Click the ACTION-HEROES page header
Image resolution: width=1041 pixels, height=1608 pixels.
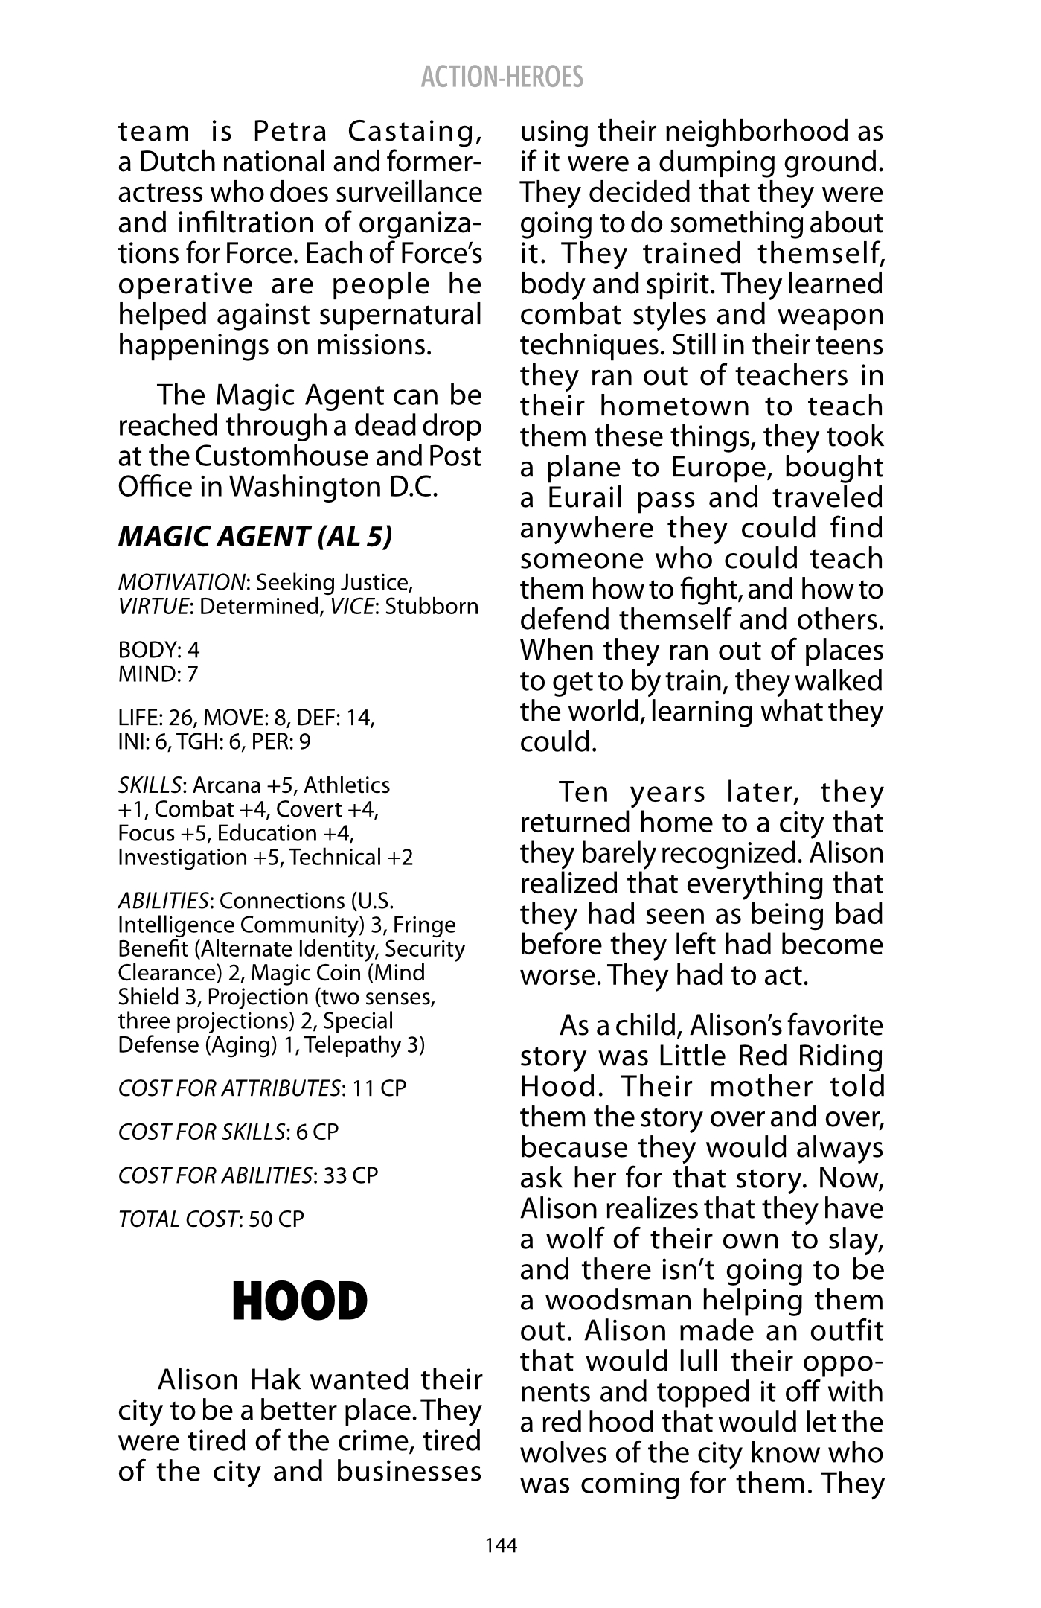[x=502, y=77]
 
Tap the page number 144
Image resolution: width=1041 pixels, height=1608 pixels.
[x=501, y=1545]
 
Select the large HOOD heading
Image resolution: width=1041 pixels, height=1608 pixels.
[x=300, y=1302]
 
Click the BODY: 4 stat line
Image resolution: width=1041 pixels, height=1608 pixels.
[x=159, y=650]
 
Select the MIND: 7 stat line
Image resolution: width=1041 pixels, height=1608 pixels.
[x=158, y=674]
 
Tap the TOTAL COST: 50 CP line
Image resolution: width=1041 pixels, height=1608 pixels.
[x=211, y=1219]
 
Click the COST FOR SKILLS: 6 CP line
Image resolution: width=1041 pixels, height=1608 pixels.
[x=228, y=1132]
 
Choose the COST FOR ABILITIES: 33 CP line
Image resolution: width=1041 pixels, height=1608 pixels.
[x=249, y=1175]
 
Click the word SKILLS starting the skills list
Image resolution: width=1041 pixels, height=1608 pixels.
[x=150, y=785]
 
